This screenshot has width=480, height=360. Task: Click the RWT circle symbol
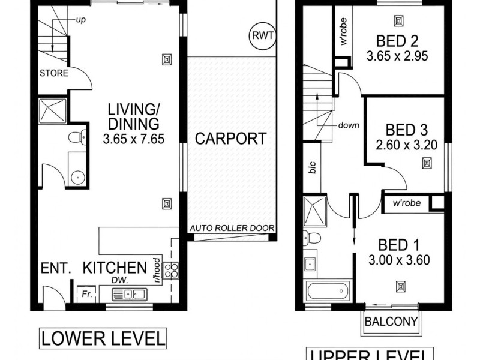coord(262,36)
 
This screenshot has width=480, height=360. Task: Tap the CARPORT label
coord(230,139)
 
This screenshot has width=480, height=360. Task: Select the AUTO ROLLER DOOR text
coord(232,228)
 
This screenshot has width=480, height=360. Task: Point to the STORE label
coord(54,74)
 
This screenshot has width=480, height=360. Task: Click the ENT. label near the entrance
coord(56,268)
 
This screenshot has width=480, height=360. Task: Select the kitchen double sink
coord(133,294)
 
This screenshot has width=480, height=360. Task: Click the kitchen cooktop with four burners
coord(171,271)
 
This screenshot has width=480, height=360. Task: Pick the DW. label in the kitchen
coord(125,280)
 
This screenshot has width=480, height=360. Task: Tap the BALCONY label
coord(391,322)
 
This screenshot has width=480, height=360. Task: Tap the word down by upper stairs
coord(348,125)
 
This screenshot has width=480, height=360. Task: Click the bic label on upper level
coord(312,167)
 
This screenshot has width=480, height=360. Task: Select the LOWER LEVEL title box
coord(102,338)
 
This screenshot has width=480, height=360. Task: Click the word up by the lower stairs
coord(80,20)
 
